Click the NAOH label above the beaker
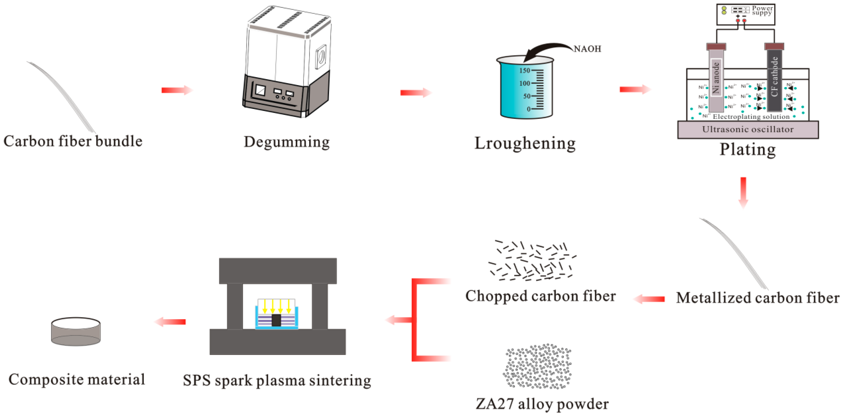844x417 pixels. [587, 49]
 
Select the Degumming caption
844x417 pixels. [286, 142]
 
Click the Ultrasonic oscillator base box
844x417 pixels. [748, 130]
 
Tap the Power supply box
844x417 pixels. [745, 14]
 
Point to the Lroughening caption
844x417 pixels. [525, 143]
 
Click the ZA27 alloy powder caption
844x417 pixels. [542, 404]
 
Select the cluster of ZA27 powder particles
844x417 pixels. [537, 367]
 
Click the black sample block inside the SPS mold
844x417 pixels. [276, 320]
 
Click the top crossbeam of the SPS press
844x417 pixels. [278, 270]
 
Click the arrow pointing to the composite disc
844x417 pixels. [170, 322]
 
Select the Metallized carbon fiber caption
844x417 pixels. [757, 298]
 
